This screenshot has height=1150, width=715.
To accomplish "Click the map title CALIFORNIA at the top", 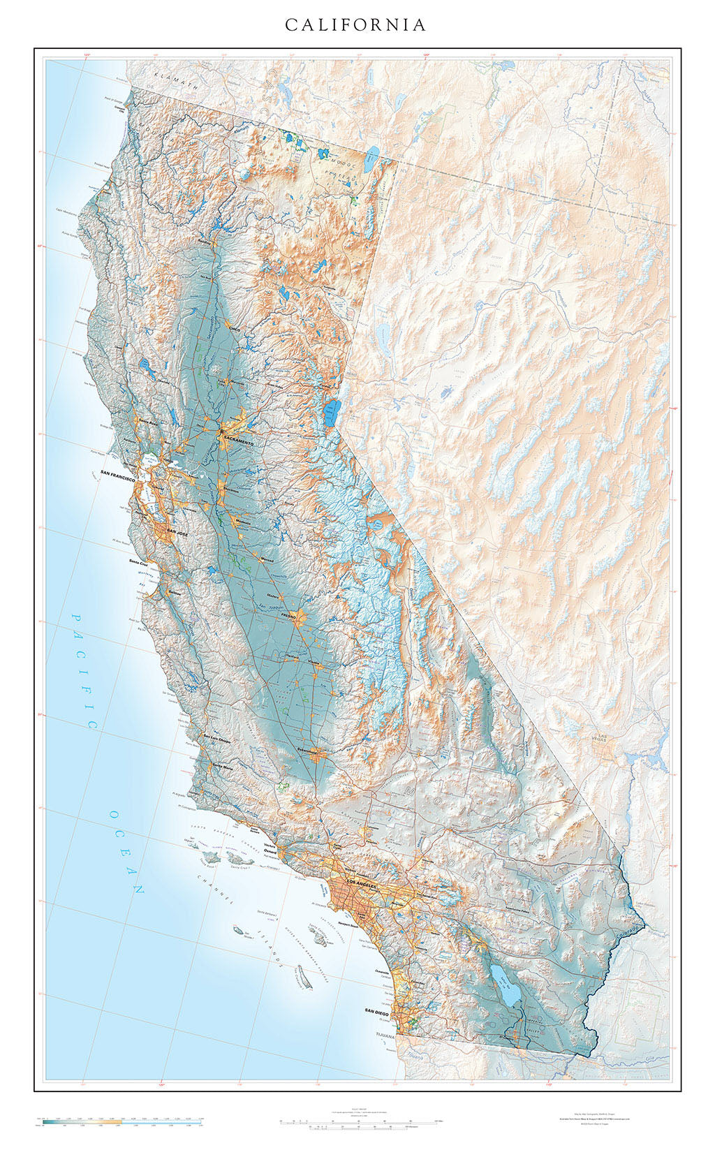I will point(355,25).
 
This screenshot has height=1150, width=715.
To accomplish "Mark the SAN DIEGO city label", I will point(378,1010).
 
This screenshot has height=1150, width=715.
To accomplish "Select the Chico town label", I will point(235,327).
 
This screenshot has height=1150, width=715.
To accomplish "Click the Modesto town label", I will point(243,522).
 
